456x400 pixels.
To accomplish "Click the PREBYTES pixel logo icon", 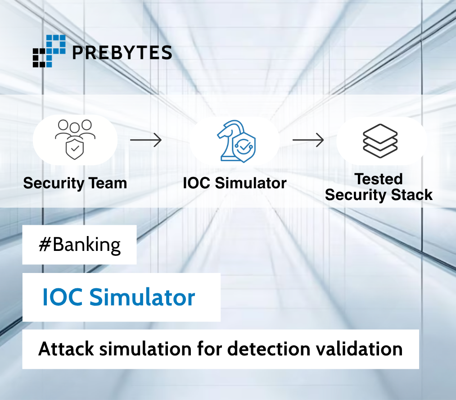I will [x=49, y=51].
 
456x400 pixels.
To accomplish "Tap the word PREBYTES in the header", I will [x=122, y=52].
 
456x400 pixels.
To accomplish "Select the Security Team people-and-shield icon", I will [x=75, y=139].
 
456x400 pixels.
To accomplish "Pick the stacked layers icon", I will [x=380, y=140].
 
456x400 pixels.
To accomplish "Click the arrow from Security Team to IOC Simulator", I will [x=145, y=140].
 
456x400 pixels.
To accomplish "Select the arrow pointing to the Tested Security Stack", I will [x=308, y=140].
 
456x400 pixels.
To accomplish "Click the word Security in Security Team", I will [x=54, y=183].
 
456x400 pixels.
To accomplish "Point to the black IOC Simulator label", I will [x=235, y=183].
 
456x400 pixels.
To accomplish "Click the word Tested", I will [x=379, y=179].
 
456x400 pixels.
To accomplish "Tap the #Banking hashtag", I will [x=80, y=245].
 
